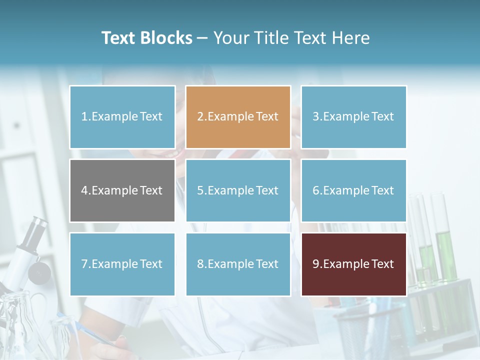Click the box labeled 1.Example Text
122,117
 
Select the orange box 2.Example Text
238,117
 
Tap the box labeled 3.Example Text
353,117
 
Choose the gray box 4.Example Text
122,190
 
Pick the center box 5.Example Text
238,190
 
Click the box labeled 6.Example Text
353,190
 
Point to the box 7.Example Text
122,264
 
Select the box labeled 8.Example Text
238,264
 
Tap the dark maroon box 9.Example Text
353,264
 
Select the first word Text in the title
119,38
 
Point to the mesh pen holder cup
357,330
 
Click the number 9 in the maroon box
316,264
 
